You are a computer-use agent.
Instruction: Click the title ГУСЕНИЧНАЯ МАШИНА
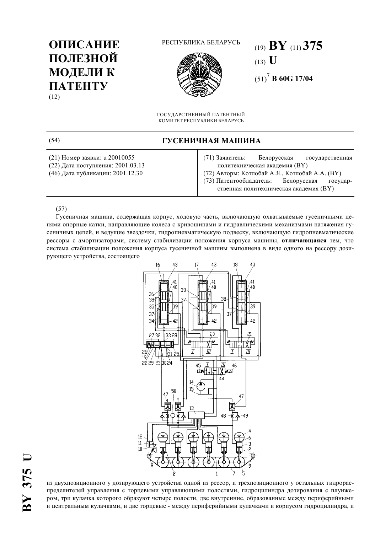(x=211, y=141)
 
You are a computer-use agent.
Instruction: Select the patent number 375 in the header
(x=312, y=46)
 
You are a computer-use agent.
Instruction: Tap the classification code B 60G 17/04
(x=292, y=79)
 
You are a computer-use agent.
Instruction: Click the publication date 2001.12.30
(x=128, y=173)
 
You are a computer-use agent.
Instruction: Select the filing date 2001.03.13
(x=130, y=165)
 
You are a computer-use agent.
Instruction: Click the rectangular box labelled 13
(x=197, y=415)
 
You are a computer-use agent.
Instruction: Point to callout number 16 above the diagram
(x=158, y=265)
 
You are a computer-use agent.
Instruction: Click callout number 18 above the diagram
(x=235, y=265)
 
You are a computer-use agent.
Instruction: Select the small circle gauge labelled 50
(x=173, y=415)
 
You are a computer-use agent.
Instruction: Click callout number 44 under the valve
(x=222, y=378)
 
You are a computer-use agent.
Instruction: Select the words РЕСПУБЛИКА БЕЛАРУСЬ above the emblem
(x=201, y=42)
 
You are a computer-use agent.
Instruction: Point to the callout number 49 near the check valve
(x=245, y=416)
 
